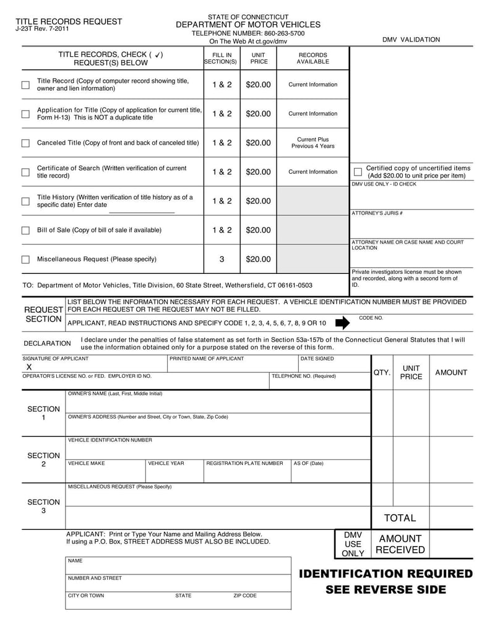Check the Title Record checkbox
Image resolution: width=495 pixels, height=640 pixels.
[25, 85]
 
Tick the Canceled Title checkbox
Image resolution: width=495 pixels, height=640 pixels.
[25, 143]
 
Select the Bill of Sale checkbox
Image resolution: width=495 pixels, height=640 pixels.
[25, 231]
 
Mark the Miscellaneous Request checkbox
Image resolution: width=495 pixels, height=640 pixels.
[25, 260]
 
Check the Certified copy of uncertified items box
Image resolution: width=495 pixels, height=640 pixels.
[358, 171]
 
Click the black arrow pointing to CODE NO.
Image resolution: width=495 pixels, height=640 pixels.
[342, 323]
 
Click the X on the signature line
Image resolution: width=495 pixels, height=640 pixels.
[28, 367]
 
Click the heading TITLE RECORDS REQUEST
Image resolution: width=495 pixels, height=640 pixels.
[69, 21]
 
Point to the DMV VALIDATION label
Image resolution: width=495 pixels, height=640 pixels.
[411, 40]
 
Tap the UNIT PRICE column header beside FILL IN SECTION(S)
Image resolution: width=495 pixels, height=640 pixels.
[259, 58]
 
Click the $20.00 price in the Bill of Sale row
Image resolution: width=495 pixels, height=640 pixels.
[258, 230]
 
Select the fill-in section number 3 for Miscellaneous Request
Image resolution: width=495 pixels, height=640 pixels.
[222, 259]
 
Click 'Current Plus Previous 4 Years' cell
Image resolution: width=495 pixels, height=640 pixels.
[312, 143]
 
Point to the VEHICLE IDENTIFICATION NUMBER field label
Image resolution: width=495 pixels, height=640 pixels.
[110, 440]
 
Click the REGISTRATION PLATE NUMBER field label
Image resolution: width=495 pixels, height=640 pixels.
[244, 463]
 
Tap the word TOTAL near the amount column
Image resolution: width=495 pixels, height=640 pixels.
[400, 518]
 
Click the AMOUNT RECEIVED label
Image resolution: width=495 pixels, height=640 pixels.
[400, 544]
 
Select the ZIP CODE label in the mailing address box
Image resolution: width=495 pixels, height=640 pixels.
[244, 596]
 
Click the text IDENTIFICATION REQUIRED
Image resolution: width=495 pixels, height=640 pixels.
[385, 574]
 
